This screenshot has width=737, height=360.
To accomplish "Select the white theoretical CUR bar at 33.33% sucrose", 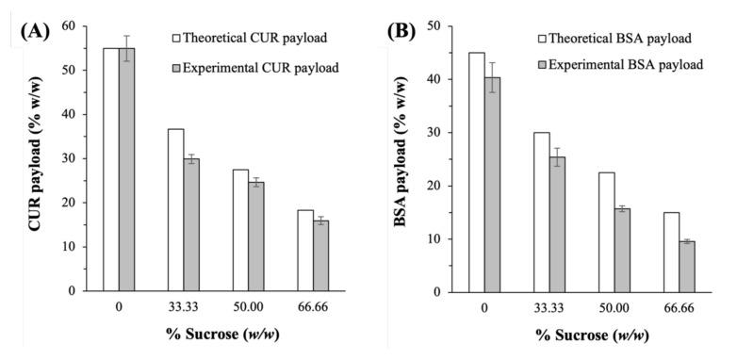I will point(176,209).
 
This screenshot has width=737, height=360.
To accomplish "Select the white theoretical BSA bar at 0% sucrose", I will point(477,172).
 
